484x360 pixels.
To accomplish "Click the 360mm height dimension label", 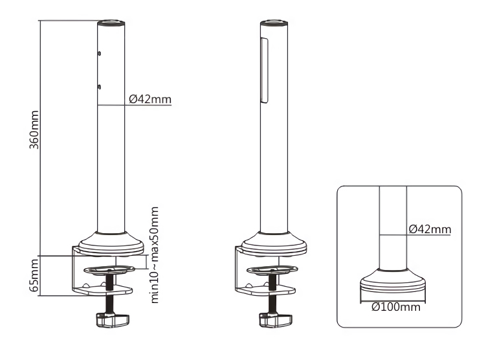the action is pyautogui.click(x=34, y=129).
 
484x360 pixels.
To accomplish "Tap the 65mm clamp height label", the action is pyautogui.click(x=34, y=275).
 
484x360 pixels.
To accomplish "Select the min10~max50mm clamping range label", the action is pyautogui.click(x=155, y=255).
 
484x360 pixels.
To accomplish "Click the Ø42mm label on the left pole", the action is pyautogui.click(x=150, y=99).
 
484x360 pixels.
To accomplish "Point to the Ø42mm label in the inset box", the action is pyautogui.click(x=430, y=229).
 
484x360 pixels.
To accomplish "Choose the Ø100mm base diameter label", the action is pyautogui.click(x=396, y=307).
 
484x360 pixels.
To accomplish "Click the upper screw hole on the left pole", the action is pyautogui.click(x=99, y=54).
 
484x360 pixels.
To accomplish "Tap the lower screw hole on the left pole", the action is pyautogui.click(x=99, y=87).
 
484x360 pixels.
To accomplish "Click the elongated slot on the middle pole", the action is pyautogui.click(x=264, y=71).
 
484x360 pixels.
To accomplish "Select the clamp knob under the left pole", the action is pyautogui.click(x=113, y=320).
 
